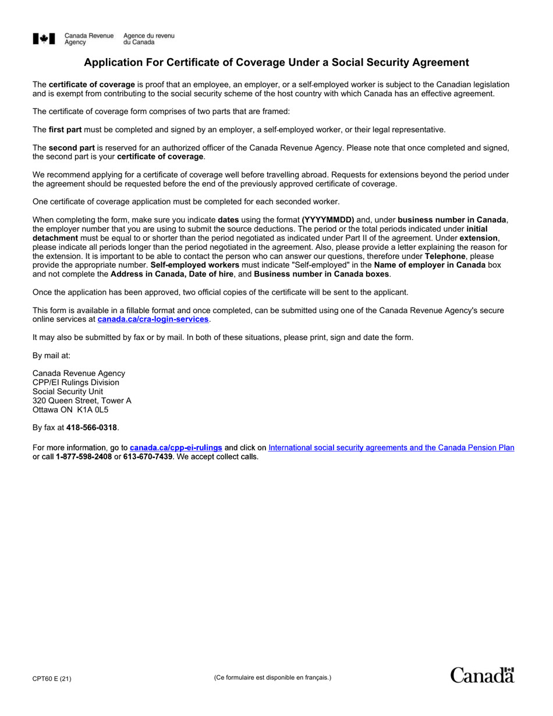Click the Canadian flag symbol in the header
tap(44, 39)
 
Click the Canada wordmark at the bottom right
tap(482, 675)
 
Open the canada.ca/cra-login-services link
tap(153, 320)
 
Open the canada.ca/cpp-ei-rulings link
tap(176, 448)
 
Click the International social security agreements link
tap(391, 448)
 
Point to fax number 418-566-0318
tap(91, 428)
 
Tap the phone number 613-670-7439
tap(148, 457)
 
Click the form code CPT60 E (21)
tap(52, 679)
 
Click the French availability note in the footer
tap(272, 678)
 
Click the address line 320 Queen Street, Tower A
tap(81, 400)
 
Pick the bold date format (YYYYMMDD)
tap(328, 220)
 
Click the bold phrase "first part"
tap(65, 130)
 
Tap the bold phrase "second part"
tap(71, 148)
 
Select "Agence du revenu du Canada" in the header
tap(148, 39)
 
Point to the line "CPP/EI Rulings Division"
tap(76, 382)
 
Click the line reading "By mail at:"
tap(51, 355)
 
